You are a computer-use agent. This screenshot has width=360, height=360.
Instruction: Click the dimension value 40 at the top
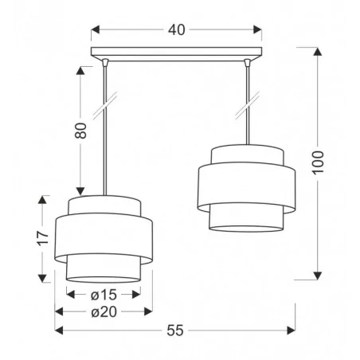(177, 30)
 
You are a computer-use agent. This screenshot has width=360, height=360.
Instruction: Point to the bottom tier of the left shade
(104, 269)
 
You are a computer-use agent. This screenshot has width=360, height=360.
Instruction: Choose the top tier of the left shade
(104, 205)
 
